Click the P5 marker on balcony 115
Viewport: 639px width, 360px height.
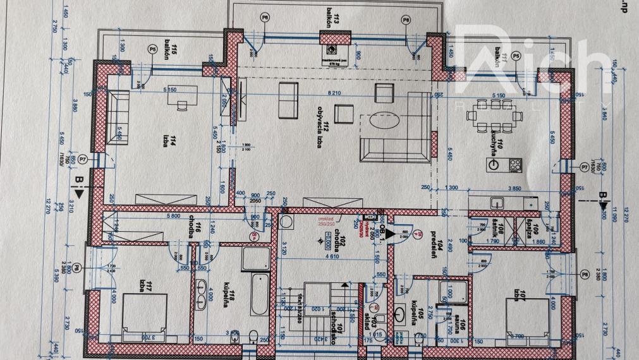(152, 49)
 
